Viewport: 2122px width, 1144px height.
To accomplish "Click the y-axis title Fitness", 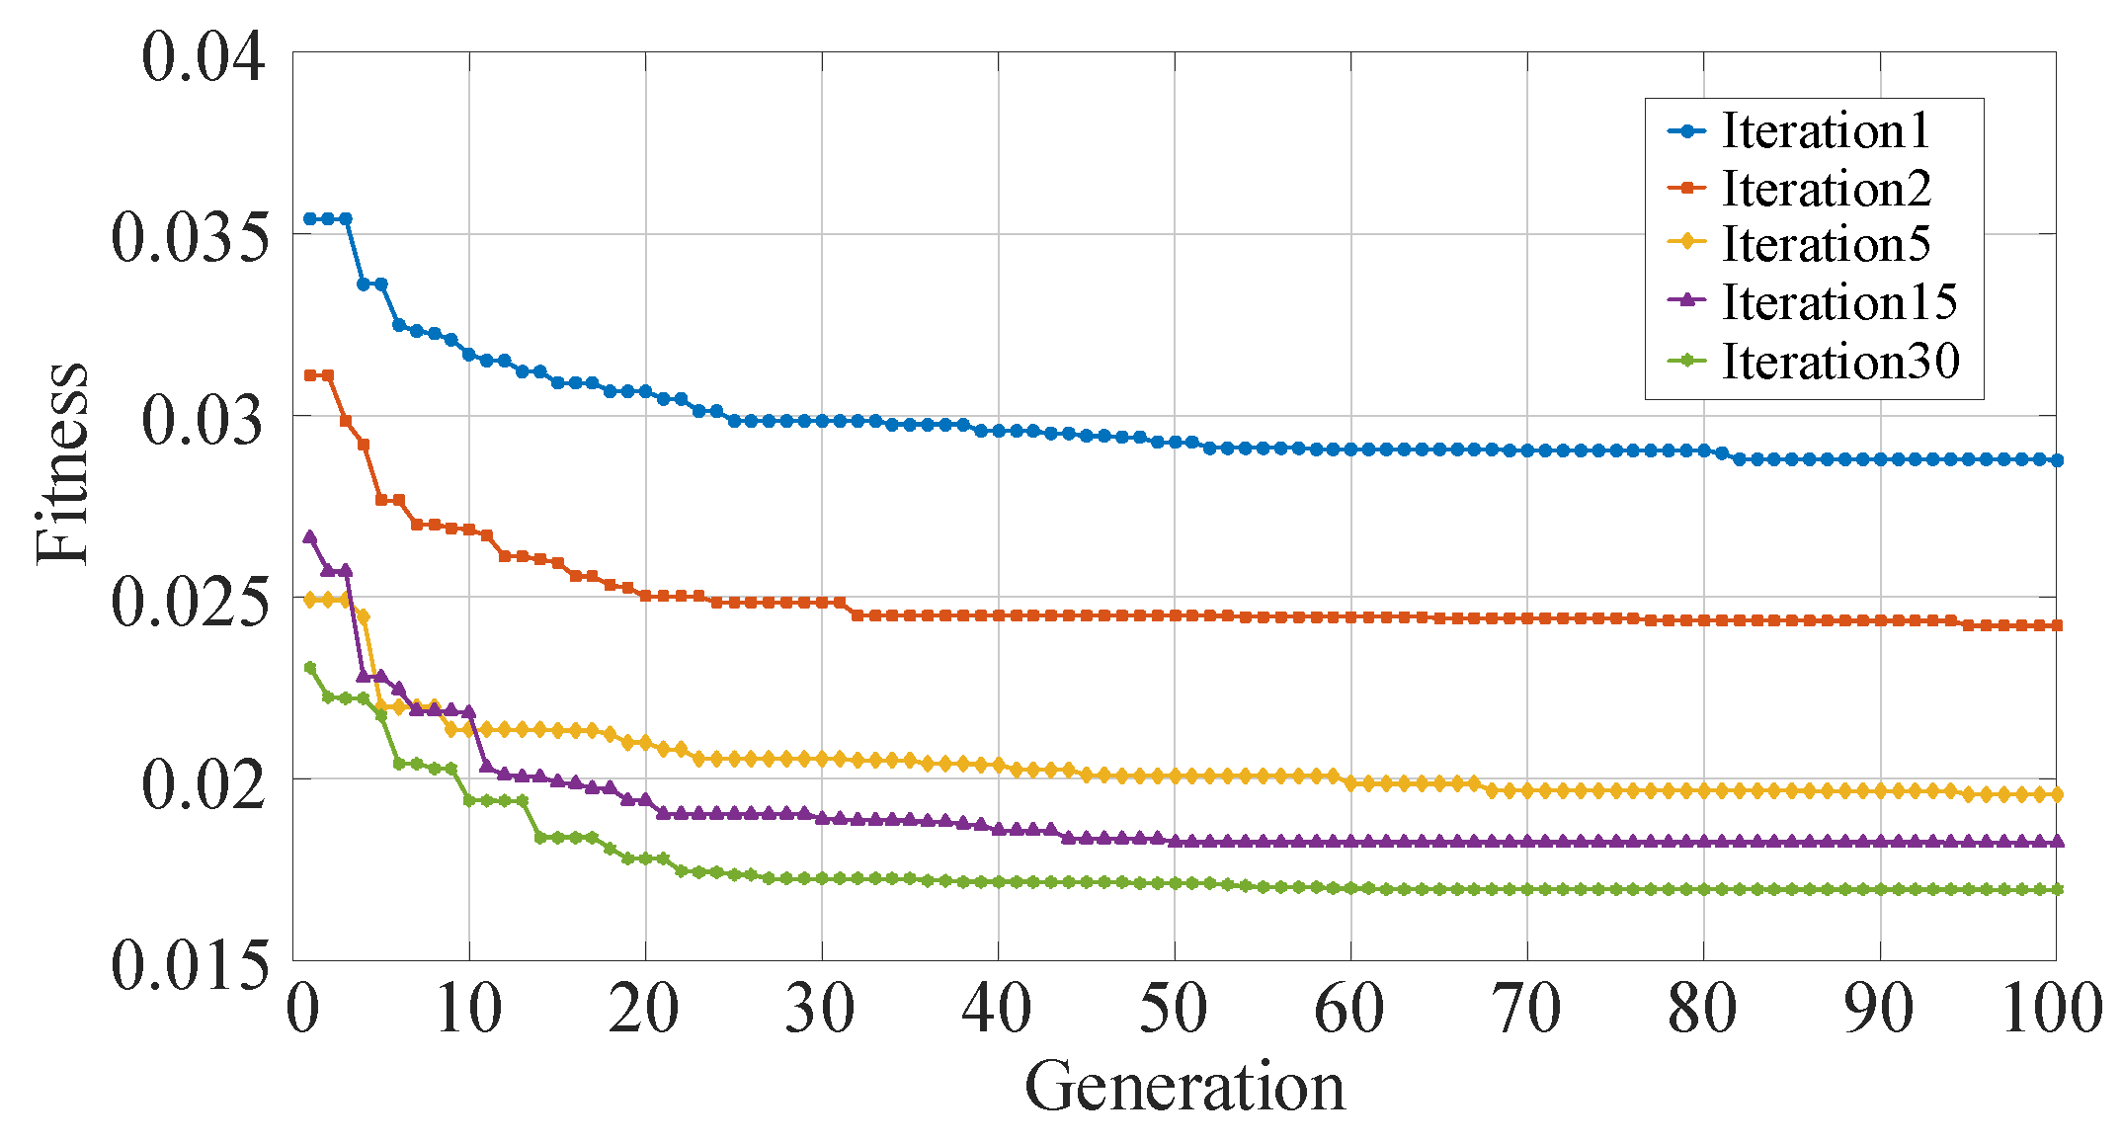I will coord(61,463).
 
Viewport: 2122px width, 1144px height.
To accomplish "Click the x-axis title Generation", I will coord(1183,1087).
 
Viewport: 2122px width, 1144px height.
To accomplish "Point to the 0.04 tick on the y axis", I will coord(204,56).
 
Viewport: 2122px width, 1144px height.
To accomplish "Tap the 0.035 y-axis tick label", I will coord(190,238).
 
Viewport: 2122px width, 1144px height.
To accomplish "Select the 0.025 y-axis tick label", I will coord(190,602).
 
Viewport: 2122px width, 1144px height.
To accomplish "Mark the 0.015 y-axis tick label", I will coord(190,964).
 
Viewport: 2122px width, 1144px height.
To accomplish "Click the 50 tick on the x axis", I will coord(1174,1011).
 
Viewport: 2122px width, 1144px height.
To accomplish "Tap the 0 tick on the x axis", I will coord(303,1011).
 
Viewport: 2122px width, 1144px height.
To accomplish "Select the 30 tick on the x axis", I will coord(821,1011).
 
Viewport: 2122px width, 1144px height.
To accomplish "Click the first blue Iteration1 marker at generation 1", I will coord(310,218).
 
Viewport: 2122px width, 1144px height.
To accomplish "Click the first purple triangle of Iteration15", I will coord(310,537).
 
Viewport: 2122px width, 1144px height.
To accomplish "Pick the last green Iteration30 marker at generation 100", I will coord(2056,890).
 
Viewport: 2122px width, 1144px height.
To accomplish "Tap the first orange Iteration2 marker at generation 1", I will coord(310,375).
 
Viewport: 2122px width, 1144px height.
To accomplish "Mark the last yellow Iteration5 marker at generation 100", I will coord(2056,794).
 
